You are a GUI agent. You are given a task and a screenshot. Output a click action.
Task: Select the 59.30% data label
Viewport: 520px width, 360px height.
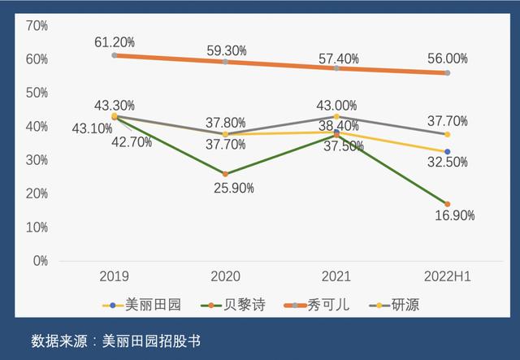pos(226,50)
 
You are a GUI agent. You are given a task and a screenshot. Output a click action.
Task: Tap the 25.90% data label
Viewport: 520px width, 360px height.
pos(235,188)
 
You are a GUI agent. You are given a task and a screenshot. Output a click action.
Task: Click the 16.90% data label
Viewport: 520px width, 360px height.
pos(454,215)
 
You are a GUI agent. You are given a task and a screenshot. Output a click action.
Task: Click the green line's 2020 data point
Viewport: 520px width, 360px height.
pos(225,174)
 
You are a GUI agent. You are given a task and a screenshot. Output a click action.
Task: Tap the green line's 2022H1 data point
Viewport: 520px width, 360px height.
pos(447,204)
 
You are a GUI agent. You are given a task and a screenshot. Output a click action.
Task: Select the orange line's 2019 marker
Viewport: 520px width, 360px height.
pos(115,55)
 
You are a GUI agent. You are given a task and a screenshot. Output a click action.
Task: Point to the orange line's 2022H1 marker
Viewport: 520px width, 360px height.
pos(447,73)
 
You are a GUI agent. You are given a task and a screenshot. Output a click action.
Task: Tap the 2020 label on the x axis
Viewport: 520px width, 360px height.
pos(225,277)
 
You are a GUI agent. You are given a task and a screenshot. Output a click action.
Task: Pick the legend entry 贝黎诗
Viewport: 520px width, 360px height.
pos(232,305)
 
